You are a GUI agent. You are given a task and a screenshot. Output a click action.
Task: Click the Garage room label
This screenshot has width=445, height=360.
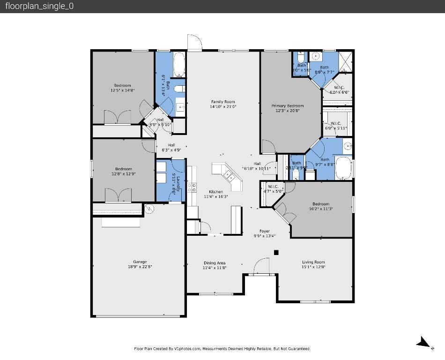tap(140, 262)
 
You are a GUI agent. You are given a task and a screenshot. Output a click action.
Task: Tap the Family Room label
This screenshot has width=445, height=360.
tap(223, 102)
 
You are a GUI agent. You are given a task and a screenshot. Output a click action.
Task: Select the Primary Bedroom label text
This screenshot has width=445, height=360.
tap(288, 106)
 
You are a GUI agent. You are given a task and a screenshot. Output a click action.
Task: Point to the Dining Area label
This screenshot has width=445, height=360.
tap(215, 263)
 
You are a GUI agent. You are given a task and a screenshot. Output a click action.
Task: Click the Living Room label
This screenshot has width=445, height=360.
tap(313, 262)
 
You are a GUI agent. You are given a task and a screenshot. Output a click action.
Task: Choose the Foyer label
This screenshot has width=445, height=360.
tap(265, 231)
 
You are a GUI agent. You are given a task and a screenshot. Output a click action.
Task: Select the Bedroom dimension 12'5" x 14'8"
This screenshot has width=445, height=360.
tap(123, 90)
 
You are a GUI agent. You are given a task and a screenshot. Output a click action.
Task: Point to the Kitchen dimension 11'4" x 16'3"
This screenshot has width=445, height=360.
tap(216, 197)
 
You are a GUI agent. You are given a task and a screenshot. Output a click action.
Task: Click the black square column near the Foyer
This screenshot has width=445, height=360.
tap(276, 253)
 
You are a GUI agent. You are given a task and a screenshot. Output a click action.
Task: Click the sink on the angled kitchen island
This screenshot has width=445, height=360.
tap(230, 176)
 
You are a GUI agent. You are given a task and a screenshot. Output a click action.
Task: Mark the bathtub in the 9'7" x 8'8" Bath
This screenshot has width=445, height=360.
tap(343, 168)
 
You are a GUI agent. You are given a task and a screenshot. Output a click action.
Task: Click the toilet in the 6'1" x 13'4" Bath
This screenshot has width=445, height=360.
tap(178, 88)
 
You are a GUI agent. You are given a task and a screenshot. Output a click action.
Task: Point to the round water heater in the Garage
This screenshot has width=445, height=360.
tap(149, 209)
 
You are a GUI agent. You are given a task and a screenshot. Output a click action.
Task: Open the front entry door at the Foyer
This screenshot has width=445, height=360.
tap(261, 268)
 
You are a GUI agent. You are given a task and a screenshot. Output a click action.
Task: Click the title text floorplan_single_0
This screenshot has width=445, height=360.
tap(39, 6)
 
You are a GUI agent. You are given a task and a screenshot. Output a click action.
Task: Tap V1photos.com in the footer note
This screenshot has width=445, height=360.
tap(187, 349)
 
